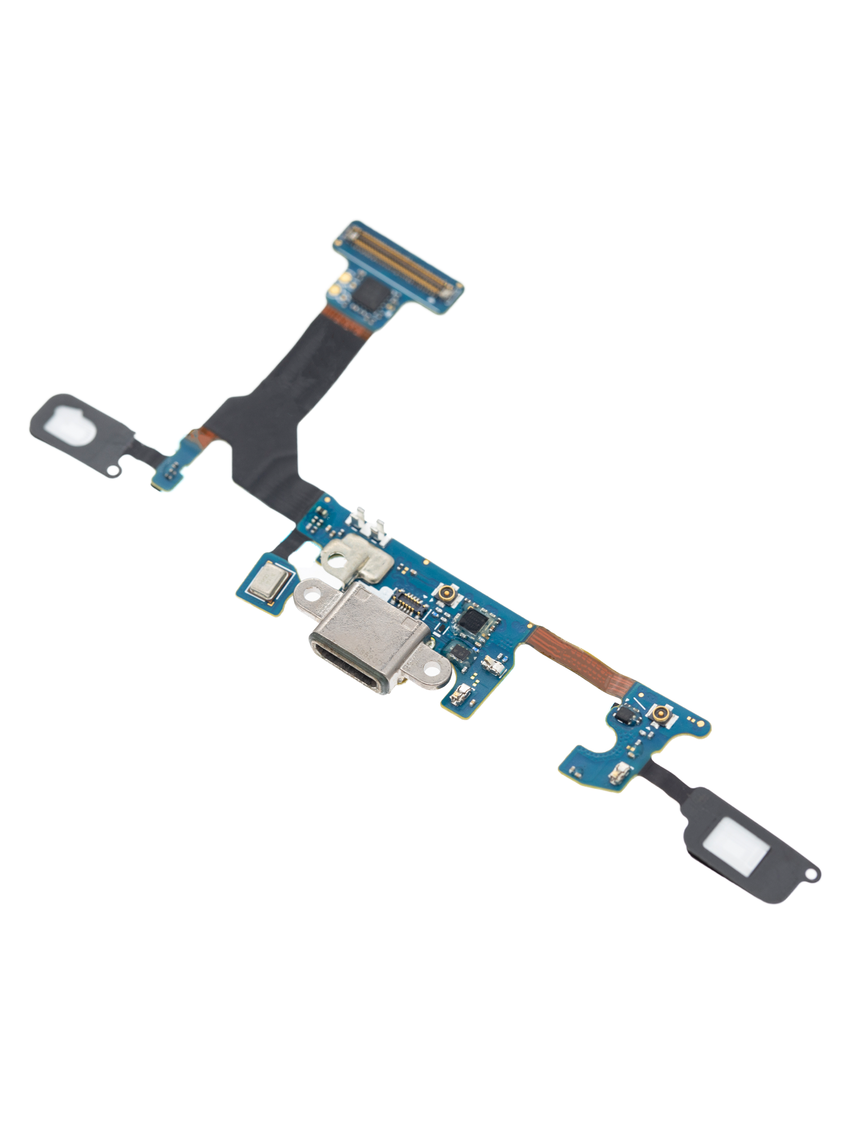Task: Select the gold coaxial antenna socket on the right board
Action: click(660, 715)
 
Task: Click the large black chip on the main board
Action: click(473, 620)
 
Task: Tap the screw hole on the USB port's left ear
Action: click(310, 594)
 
